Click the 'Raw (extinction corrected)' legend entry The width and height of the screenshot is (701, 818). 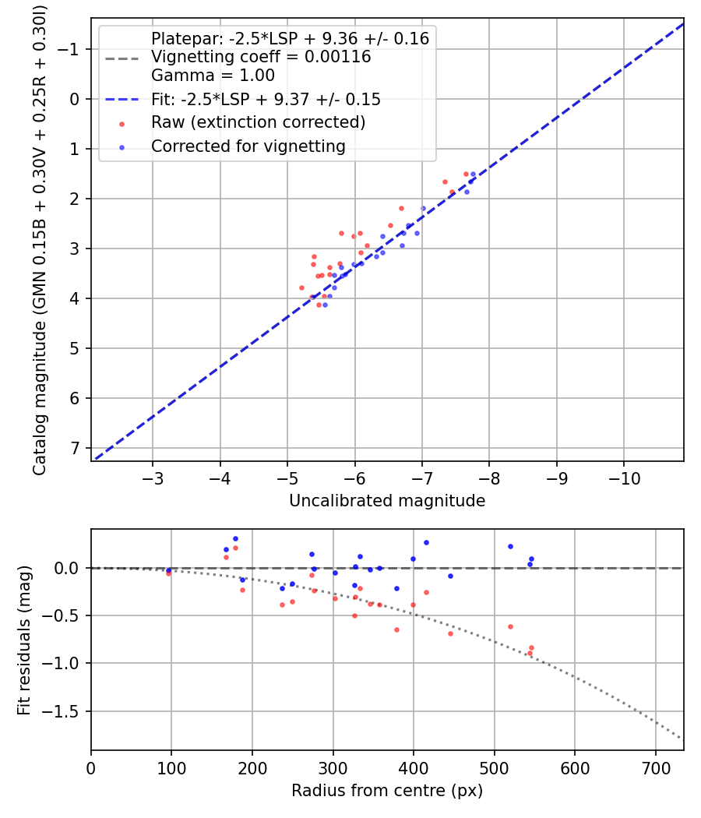tap(258, 122)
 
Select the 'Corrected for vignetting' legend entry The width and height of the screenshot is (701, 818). tap(248, 146)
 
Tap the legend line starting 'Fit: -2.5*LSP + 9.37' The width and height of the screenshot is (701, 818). tap(266, 100)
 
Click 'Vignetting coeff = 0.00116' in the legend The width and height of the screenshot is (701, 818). tap(261, 57)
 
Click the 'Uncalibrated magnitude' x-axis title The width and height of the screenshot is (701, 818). tap(387, 501)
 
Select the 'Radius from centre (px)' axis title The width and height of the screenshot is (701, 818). tap(387, 791)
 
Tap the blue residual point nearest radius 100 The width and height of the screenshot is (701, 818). tap(168, 570)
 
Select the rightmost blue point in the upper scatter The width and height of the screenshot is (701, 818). tap(473, 174)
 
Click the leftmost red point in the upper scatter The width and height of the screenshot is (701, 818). tap(301, 287)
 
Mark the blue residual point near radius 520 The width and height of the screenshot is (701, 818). tap(510, 546)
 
